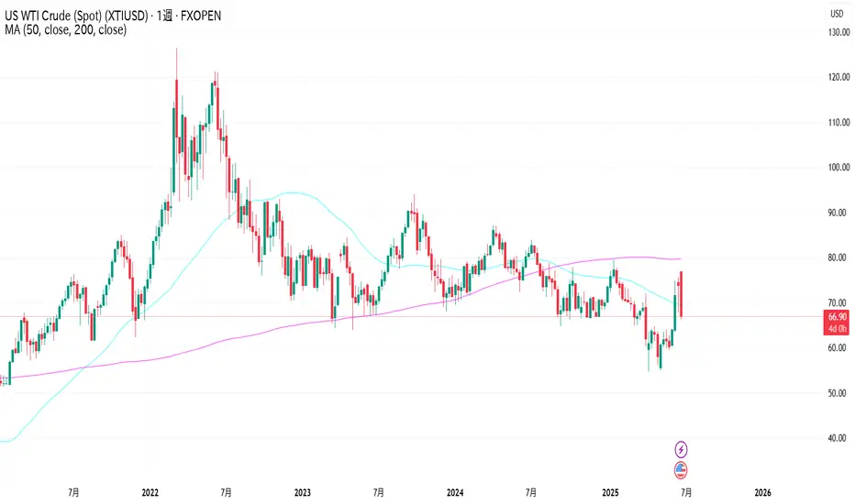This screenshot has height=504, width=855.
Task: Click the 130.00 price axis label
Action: click(x=837, y=33)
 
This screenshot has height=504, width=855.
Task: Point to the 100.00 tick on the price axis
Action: click(x=837, y=168)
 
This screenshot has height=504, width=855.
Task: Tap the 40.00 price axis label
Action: click(x=837, y=438)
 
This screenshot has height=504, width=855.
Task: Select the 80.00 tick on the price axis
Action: click(x=837, y=257)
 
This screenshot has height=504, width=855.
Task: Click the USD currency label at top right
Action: click(x=837, y=14)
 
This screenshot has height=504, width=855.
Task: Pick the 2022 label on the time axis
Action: click(x=151, y=491)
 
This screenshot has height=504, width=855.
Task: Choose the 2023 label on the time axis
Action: click(x=303, y=491)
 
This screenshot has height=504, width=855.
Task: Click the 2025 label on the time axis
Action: click(x=606, y=491)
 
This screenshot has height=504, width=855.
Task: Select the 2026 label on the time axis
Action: click(x=760, y=491)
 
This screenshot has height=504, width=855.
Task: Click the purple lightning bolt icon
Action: click(x=682, y=449)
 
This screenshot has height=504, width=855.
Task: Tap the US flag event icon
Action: click(x=682, y=471)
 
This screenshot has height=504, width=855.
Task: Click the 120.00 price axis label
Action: click(x=837, y=78)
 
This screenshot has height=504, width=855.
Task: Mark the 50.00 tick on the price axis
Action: click(x=837, y=393)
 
